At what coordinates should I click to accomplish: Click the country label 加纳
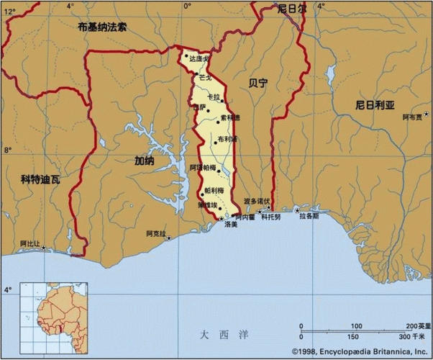144,161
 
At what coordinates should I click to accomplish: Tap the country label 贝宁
256,84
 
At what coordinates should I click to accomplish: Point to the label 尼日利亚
375,104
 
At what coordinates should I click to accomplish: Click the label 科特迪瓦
40,179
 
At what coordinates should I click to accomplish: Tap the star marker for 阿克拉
170,238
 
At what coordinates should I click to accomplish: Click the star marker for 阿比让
44,248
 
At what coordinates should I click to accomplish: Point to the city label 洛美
230,225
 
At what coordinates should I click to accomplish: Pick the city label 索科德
230,117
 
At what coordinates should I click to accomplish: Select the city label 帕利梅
214,190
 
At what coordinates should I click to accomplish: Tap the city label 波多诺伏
256,200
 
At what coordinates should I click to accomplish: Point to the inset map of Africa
50,311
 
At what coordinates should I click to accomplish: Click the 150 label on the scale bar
352,337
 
